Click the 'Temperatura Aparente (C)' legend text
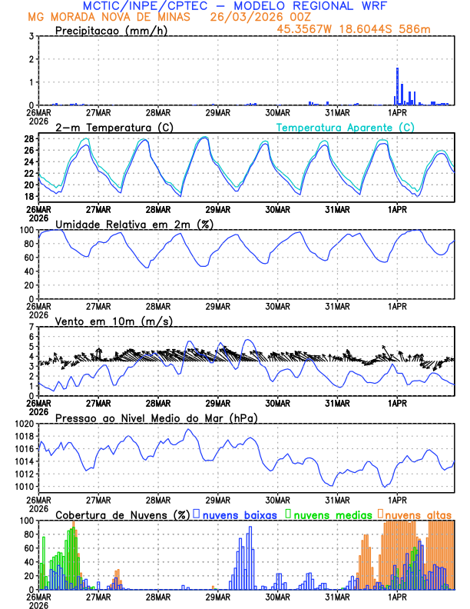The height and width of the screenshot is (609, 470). pos(345,127)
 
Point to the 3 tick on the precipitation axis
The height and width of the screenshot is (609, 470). pos(31,36)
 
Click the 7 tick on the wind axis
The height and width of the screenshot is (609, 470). pos(31,327)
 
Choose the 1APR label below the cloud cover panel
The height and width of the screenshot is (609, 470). pos(397,596)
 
